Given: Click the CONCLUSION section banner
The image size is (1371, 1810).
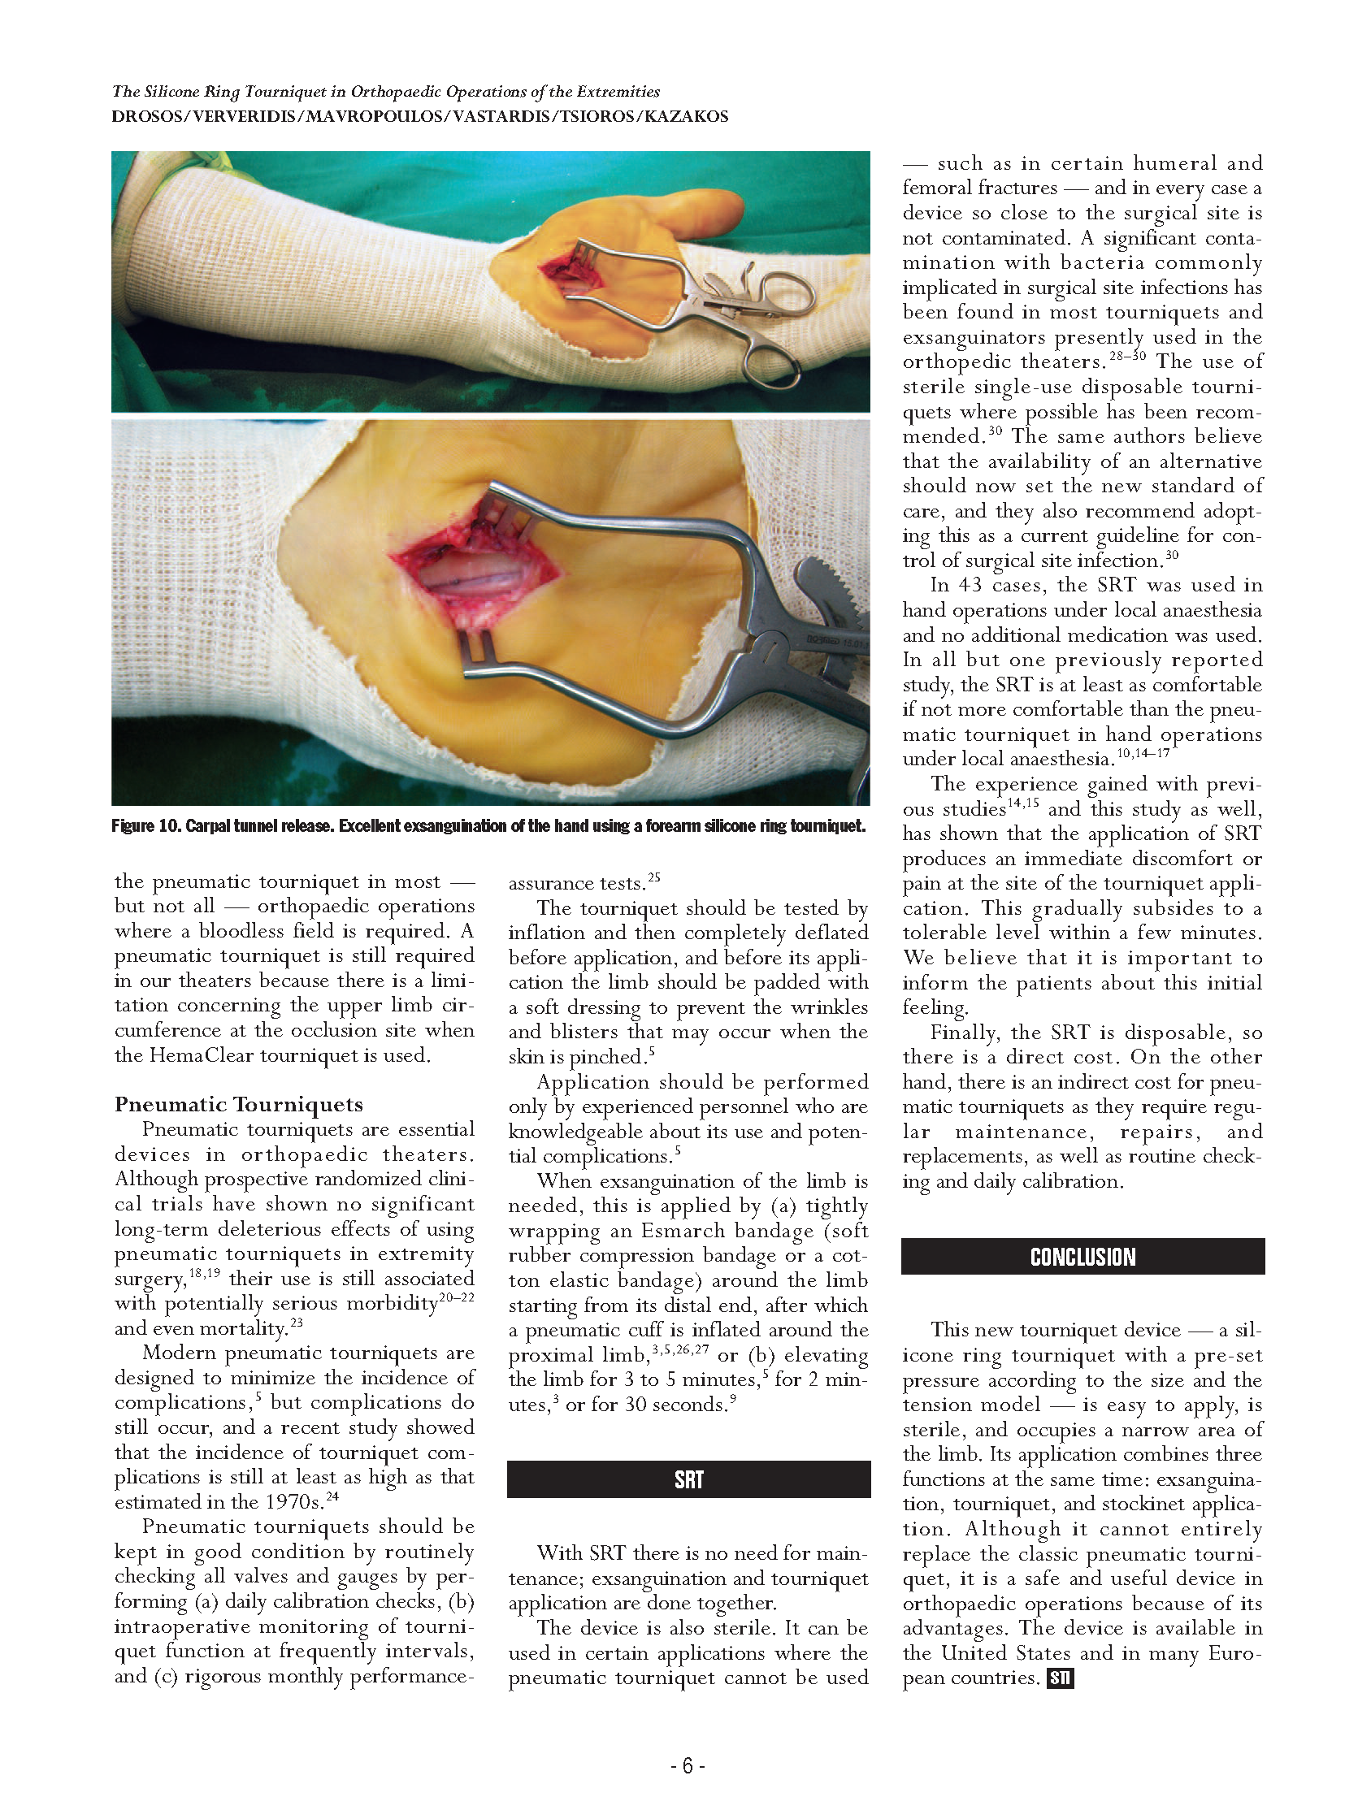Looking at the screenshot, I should pos(1082,1257).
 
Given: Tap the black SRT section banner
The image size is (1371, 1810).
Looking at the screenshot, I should pos(688,1479).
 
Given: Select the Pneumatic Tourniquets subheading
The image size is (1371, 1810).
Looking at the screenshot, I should pos(238,1105).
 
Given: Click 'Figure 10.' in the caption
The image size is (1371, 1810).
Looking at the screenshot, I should pos(145,825).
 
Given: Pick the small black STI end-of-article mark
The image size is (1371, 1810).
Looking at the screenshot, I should pos(1060,1679).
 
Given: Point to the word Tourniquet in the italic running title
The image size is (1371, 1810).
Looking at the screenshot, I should pos(282,92).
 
